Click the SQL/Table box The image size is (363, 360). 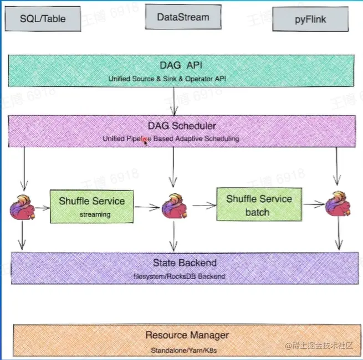pyautogui.click(x=42, y=19)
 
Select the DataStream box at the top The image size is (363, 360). pyautogui.click(x=183, y=17)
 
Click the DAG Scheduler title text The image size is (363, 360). pyautogui.click(x=182, y=126)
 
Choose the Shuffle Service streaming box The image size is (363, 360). pyautogui.click(x=92, y=206)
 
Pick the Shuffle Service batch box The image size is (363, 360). pyautogui.click(x=259, y=205)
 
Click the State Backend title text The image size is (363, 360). pyautogui.click(x=185, y=263)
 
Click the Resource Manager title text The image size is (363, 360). pyautogui.click(x=187, y=335)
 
